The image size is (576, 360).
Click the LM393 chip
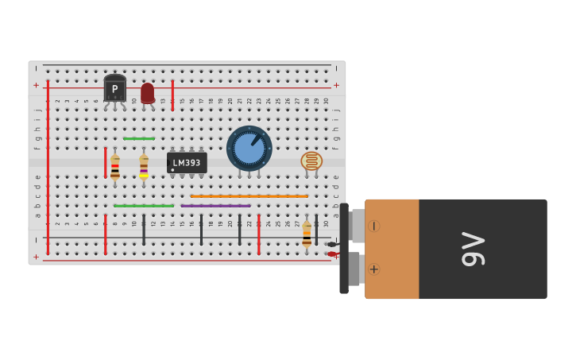[x=187, y=162]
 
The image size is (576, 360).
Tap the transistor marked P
[x=114, y=88]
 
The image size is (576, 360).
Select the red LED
[x=147, y=93]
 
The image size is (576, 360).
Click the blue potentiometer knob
[x=249, y=147]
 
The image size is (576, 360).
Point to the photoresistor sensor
[x=311, y=161]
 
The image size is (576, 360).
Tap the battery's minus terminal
[x=373, y=226]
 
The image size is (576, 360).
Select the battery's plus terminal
[x=373, y=269]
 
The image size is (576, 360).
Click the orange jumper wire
[x=249, y=195]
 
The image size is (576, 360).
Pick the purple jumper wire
[x=215, y=206]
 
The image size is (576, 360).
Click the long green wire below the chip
[x=143, y=206]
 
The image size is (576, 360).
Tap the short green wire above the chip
[x=139, y=138]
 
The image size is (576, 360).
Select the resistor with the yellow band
[x=144, y=167]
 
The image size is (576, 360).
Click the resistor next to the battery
[x=307, y=234]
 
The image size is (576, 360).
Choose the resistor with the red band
[x=115, y=167]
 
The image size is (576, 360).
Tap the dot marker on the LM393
[x=172, y=169]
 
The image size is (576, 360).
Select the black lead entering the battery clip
[x=331, y=244]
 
